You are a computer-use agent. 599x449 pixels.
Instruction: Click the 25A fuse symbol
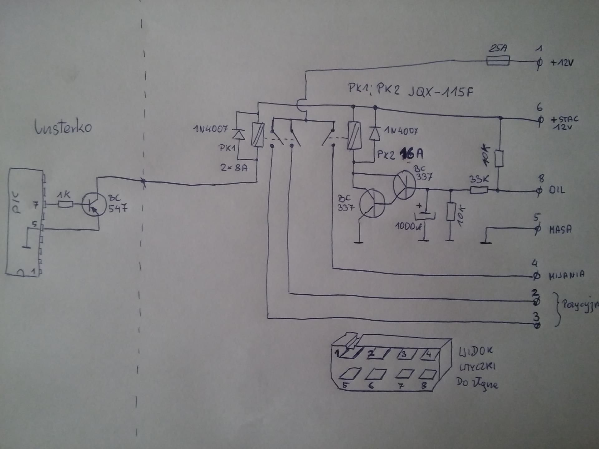[x=498, y=60]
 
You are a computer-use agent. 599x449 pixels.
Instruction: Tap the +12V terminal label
[x=562, y=63]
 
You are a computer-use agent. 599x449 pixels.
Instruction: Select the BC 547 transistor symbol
[x=94, y=205]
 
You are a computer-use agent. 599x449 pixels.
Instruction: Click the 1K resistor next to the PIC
[x=65, y=205]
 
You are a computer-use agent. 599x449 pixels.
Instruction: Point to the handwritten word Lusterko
[x=63, y=127]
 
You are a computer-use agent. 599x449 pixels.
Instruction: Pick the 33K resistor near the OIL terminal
[x=479, y=189]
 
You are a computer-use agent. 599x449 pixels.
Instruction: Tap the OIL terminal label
[x=557, y=190]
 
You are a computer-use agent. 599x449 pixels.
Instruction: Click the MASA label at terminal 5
[x=560, y=230]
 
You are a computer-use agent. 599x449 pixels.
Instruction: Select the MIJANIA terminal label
[x=567, y=275]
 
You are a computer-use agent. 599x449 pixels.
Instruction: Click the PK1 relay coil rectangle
[x=258, y=135]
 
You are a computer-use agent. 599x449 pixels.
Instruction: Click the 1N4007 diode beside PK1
[x=239, y=134]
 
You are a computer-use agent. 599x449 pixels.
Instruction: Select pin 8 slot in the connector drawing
[x=427, y=374]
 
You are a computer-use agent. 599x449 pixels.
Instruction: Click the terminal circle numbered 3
[x=537, y=326]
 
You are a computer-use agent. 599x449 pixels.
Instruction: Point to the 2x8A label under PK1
[x=234, y=168]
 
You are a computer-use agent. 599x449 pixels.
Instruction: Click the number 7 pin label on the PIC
[x=36, y=205]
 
